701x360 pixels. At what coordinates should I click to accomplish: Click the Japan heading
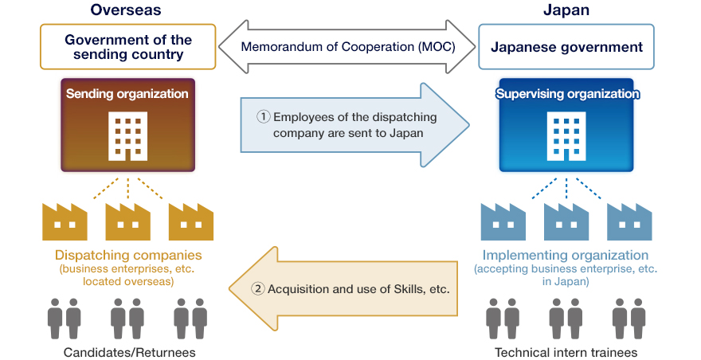(x=566, y=10)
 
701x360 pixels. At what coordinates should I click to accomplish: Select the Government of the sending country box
(x=128, y=47)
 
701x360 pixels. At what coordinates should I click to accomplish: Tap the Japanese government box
(x=566, y=47)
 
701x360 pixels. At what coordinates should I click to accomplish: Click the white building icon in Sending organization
(x=127, y=136)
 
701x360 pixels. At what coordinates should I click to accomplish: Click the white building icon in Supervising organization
(x=566, y=136)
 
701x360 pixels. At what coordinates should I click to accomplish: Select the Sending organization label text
(x=127, y=94)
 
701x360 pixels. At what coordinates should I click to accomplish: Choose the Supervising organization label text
(x=566, y=94)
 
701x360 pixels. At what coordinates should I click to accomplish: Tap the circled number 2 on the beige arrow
(x=257, y=288)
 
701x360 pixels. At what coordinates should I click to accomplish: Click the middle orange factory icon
(x=127, y=221)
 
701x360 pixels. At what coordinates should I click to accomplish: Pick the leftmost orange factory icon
(x=65, y=221)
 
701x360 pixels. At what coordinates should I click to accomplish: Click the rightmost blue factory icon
(x=629, y=221)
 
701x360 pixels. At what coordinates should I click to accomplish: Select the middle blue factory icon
(x=566, y=221)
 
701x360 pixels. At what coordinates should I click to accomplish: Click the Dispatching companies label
(x=128, y=256)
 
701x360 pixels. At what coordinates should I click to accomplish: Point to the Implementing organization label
(x=566, y=256)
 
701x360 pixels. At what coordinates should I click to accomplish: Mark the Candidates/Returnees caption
(x=128, y=352)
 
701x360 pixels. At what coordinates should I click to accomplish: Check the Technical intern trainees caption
(x=566, y=352)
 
